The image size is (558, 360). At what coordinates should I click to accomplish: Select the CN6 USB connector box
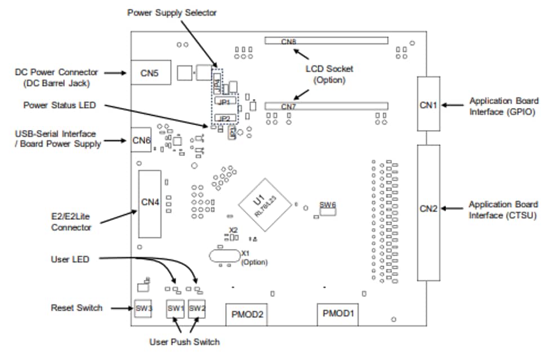click(141, 140)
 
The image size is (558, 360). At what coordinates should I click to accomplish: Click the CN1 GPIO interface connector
click(428, 104)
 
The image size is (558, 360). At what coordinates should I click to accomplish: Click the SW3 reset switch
click(144, 308)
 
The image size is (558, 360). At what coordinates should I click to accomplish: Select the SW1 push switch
click(175, 308)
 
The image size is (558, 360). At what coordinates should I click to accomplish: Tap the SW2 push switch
click(197, 308)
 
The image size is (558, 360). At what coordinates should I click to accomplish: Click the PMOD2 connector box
click(245, 314)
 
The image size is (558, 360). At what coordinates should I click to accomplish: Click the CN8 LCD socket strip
click(327, 41)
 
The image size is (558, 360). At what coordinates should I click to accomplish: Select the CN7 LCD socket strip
click(327, 106)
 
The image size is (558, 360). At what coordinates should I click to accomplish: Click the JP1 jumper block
click(225, 103)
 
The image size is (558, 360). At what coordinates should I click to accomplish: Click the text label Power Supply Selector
click(172, 12)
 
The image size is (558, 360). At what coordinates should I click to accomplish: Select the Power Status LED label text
click(59, 105)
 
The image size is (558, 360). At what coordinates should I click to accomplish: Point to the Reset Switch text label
click(77, 308)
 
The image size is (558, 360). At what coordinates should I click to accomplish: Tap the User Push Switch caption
click(184, 341)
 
